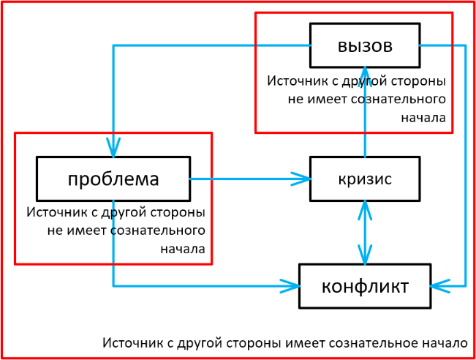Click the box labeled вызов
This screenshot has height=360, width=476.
click(365, 45)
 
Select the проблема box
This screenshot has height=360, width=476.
click(113, 179)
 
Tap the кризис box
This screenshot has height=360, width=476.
click(364, 179)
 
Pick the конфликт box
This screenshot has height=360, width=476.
click(365, 285)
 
